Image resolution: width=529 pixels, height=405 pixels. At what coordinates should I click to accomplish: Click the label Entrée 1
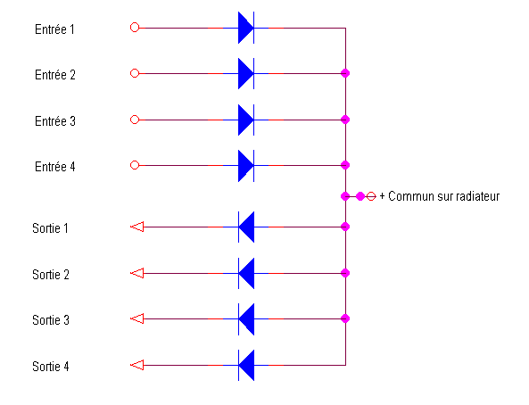pos(54,29)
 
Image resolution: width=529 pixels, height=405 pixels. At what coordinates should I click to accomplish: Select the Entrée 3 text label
pos(55,121)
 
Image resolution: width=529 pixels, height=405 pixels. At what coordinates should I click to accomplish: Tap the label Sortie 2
pos(51,275)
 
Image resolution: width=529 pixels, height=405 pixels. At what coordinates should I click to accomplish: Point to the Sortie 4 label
pos(51,367)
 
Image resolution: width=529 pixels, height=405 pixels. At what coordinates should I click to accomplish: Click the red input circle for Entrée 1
pos(135,28)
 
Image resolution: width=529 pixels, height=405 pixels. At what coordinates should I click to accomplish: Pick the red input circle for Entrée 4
pos(135,165)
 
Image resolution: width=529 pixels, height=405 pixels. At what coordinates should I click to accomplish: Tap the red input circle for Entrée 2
pos(135,73)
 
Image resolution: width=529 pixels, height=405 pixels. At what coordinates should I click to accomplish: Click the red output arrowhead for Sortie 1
pos(137,227)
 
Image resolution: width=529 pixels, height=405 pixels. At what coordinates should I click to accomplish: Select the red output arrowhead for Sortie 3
pos(137,318)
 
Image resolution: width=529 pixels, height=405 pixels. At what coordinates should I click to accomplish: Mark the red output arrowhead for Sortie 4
pos(137,365)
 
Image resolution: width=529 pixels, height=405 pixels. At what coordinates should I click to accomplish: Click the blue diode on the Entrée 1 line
pos(246,28)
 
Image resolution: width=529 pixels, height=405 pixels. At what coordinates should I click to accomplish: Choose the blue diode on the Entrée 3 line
pos(246,120)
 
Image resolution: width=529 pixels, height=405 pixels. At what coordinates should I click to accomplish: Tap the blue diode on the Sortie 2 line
pos(246,273)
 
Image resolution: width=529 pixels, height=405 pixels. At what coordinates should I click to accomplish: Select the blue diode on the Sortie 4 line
pos(246,365)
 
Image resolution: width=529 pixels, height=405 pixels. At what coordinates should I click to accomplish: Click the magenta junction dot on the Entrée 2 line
pos(345,73)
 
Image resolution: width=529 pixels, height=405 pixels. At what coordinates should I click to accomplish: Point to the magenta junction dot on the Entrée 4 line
pos(345,165)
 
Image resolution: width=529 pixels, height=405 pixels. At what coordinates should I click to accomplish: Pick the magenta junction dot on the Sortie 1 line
pos(345,227)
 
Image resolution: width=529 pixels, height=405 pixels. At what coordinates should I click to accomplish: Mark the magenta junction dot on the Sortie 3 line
pos(345,318)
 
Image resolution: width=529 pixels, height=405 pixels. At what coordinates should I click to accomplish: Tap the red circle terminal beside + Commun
pos(371,196)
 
